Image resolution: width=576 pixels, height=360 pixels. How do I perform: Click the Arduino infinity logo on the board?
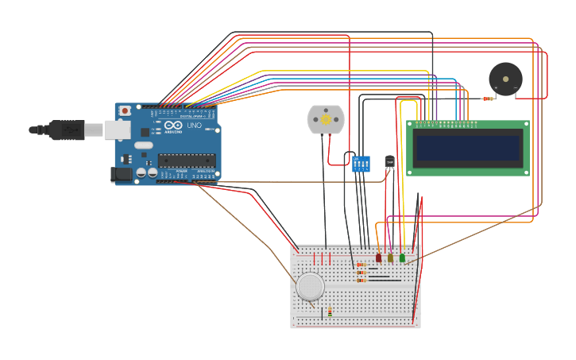[173, 126]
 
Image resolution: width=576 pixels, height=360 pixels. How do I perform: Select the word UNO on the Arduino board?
[194, 126]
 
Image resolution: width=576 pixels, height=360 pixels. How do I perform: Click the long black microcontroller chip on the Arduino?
[186, 160]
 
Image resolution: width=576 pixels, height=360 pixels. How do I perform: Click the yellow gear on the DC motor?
[326, 119]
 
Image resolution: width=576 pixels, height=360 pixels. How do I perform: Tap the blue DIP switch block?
[361, 164]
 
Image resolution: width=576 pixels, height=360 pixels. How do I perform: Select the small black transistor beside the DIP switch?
[389, 162]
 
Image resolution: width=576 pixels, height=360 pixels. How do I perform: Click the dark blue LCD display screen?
[467, 149]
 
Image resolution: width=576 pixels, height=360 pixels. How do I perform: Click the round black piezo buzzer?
[505, 79]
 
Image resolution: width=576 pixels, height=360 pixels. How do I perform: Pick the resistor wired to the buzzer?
[487, 99]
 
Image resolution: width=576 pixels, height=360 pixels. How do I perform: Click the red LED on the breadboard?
[378, 257]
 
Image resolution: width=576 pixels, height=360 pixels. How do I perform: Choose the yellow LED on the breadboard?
[390, 257]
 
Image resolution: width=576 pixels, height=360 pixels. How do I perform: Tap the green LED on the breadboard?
[402, 257]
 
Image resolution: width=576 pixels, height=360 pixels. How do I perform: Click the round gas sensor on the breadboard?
[310, 286]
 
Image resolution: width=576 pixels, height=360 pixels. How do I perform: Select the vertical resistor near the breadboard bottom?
[330, 311]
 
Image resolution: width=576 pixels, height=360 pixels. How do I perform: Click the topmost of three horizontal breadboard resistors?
[361, 265]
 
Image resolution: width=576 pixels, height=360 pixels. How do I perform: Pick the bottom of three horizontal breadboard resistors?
[361, 281]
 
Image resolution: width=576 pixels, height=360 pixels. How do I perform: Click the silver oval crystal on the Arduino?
[143, 145]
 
